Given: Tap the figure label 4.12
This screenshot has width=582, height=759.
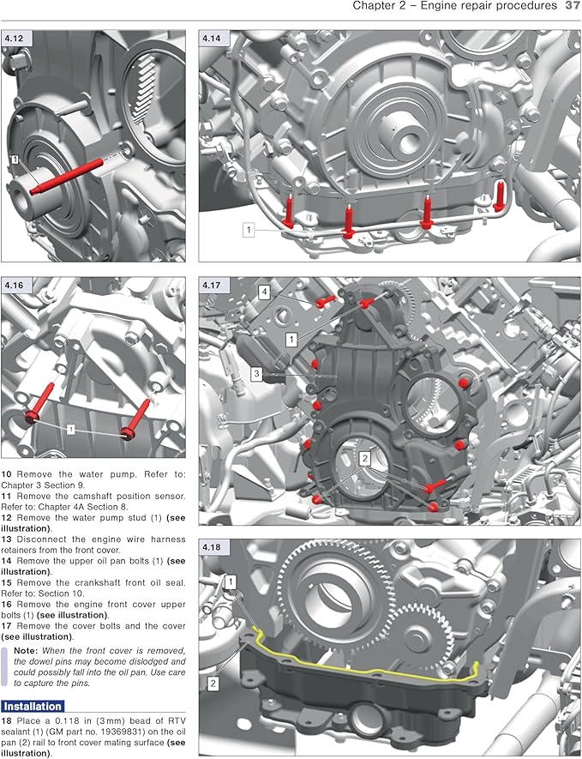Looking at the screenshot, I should coord(15,38).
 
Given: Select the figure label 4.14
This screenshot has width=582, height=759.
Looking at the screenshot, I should coord(212,38).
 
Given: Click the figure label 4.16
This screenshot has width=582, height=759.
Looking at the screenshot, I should coord(15,284).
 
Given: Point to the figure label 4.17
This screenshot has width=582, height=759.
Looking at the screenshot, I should coord(212,284).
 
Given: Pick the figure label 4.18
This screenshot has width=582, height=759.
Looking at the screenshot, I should coord(212,546).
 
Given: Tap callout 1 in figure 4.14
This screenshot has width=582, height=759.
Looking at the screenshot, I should coord(249,230).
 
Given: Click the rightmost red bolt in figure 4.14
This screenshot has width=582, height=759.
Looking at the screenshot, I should coord(501,196).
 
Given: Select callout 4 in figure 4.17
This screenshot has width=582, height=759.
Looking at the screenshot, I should coord(266,292).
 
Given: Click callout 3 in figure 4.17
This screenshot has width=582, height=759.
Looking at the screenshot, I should coord(256,373).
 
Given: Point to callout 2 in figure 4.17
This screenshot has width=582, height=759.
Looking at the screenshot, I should coord(364,460).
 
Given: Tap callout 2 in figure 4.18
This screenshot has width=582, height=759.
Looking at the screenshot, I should coord(213,684).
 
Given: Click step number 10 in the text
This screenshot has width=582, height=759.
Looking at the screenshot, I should coord(7,473).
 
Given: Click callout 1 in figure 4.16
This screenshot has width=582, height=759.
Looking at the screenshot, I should coord(71,427).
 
